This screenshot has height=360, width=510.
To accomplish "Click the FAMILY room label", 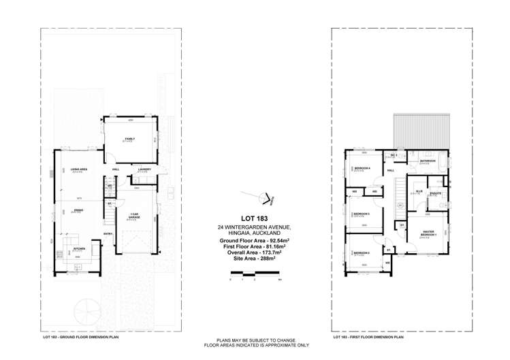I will pos(129,139).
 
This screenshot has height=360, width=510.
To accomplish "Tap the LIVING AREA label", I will pos(79,169).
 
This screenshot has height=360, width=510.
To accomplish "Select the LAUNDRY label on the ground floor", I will pos(144,169).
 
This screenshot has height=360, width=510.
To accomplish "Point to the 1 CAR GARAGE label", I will pos(134,216).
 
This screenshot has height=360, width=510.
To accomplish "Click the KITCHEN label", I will pos(79,248).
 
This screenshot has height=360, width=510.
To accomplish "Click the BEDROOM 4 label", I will pos(362,168).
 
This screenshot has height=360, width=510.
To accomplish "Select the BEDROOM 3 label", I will pos(362,214).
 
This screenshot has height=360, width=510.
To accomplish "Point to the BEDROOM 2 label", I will pos(362,253).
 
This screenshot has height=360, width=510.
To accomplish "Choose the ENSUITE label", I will pos(436,193).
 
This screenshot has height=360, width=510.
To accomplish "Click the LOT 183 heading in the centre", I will pos(255,218).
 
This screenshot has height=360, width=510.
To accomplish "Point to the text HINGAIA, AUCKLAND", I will pos(255,233).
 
